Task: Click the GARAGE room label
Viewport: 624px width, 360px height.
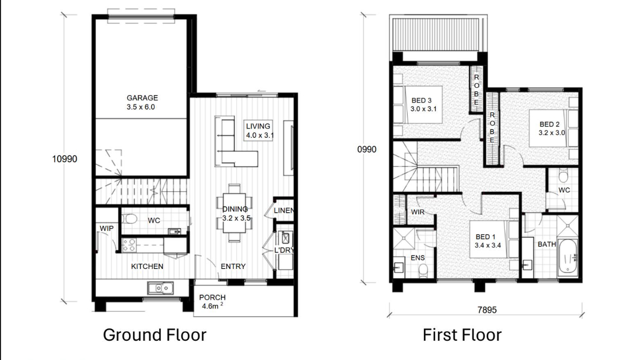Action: tap(142, 98)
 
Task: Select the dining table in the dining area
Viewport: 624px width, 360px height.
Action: tap(235, 213)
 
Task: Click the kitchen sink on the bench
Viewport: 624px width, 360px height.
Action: tap(161, 288)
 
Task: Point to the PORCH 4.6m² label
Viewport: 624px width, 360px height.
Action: tap(212, 302)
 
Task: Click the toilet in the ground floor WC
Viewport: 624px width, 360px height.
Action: tap(129, 218)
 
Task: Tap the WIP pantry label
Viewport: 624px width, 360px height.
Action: tap(107, 228)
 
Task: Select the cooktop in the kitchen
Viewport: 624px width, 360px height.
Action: tap(129, 245)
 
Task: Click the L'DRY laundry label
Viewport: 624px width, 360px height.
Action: tap(284, 250)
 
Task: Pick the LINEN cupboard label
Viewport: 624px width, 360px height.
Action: tap(283, 211)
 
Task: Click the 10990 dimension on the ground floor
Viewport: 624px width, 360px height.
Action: tap(64, 159)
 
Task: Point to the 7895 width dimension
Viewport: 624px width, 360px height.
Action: tap(487, 310)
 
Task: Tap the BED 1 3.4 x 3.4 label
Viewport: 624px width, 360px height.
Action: tap(488, 241)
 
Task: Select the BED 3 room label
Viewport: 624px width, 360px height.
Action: tap(422, 100)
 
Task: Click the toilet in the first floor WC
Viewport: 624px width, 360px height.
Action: tap(563, 175)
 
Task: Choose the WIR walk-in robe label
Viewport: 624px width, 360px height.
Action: tap(418, 212)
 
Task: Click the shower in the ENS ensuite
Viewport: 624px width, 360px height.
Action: tap(404, 238)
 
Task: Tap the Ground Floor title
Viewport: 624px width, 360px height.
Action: tap(154, 335)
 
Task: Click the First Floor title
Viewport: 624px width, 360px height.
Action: tap(462, 335)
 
